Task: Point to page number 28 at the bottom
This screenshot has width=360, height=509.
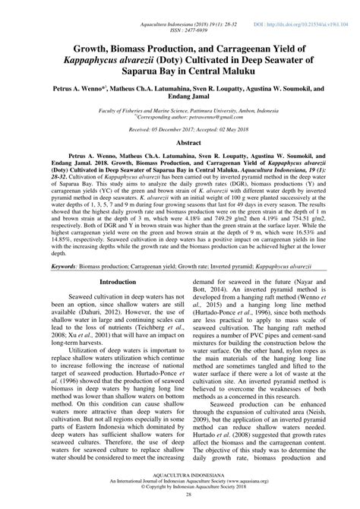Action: tap(179, 502)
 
